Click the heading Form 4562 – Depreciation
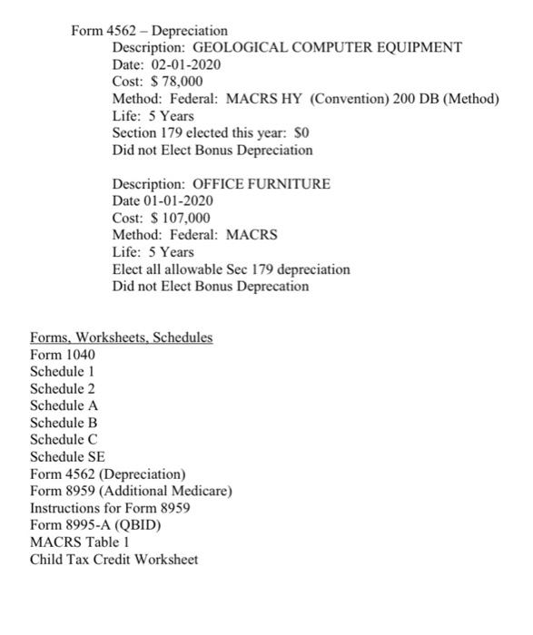(x=150, y=31)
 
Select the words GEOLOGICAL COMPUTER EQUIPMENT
(x=328, y=47)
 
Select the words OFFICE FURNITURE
(x=262, y=184)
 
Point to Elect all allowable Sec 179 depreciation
(x=231, y=269)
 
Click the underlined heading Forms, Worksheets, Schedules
(x=122, y=337)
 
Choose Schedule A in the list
(x=64, y=405)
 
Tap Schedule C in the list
(x=64, y=440)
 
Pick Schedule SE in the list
(x=68, y=457)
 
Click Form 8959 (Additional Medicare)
(x=132, y=491)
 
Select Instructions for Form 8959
(x=110, y=508)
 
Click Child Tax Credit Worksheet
(x=114, y=560)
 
